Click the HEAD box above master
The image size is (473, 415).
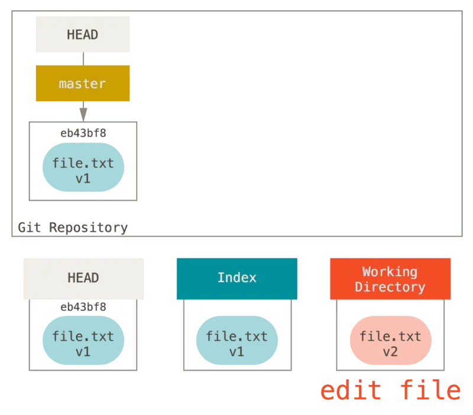tap(83, 35)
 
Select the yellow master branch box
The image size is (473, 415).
tap(82, 84)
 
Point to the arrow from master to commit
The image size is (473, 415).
tap(83, 111)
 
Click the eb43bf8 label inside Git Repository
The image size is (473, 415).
tap(83, 133)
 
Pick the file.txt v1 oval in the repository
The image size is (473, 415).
tap(83, 170)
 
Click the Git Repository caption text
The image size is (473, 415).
tap(73, 228)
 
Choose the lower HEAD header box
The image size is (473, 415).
tap(83, 278)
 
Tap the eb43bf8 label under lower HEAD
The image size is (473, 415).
tap(83, 307)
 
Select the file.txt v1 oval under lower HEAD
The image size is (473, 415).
tap(83, 343)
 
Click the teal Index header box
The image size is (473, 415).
tap(237, 278)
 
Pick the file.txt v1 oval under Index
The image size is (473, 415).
tap(237, 343)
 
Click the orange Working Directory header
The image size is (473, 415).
tap(390, 279)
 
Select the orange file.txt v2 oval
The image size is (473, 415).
tap(391, 343)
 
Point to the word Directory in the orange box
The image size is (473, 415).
tap(390, 287)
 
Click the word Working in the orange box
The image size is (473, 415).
tap(390, 272)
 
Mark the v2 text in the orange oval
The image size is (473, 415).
tap(391, 351)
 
